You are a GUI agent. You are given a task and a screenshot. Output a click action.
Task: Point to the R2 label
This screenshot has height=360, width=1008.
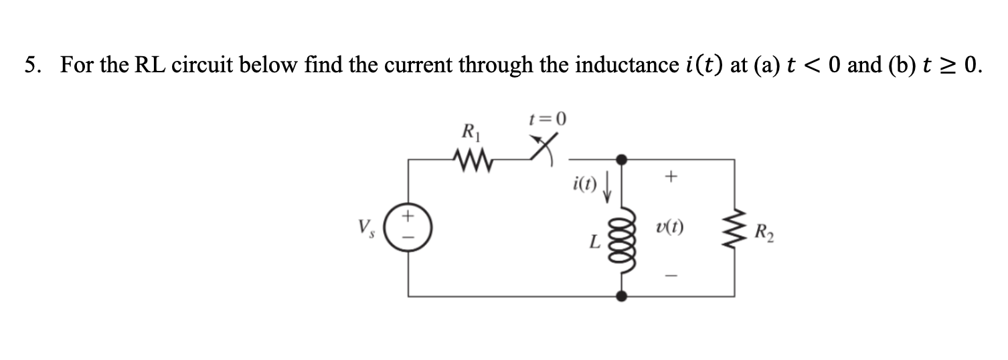click(762, 234)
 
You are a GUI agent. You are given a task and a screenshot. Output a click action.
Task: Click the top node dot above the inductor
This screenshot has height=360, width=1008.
click(622, 159)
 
